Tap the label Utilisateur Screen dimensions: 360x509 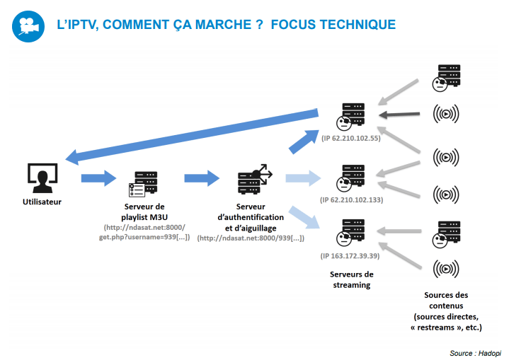pos(42,202)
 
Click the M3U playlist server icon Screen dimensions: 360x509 pos(143,184)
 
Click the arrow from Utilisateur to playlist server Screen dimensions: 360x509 pos(98,178)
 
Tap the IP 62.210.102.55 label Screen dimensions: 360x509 pos(351,138)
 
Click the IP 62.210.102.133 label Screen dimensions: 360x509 pos(351,200)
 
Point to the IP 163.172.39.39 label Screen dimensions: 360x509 pos(351,255)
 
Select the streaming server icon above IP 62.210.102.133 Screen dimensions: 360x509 pos(352,178)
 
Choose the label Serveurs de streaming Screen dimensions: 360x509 pos(352,279)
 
